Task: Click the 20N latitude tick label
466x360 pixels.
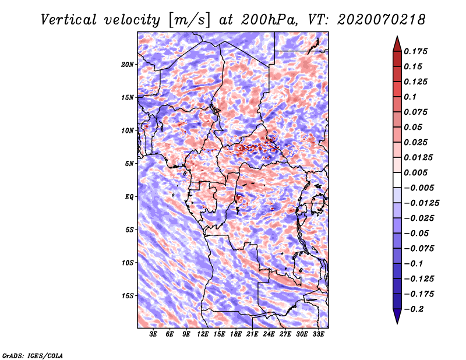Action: [x=128, y=65]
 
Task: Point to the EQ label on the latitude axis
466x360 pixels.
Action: [x=129, y=197]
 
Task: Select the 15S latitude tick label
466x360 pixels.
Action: [x=128, y=296]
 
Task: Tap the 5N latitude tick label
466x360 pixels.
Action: [x=129, y=164]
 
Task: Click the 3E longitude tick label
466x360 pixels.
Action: [x=153, y=334]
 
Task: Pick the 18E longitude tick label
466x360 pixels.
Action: [x=236, y=334]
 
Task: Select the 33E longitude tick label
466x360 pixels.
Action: [x=318, y=334]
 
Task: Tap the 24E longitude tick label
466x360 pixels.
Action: [x=269, y=334]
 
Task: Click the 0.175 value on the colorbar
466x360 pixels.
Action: [x=415, y=51]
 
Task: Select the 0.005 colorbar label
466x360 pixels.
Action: [x=415, y=172]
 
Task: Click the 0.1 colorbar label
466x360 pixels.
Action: [x=410, y=97]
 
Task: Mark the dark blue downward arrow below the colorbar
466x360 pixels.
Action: [x=397, y=316]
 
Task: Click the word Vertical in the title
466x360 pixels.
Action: [x=69, y=20]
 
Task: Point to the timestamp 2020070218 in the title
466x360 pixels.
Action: [x=382, y=20]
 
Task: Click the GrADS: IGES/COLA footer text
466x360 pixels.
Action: [x=33, y=356]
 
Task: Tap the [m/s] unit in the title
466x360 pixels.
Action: [x=189, y=20]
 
